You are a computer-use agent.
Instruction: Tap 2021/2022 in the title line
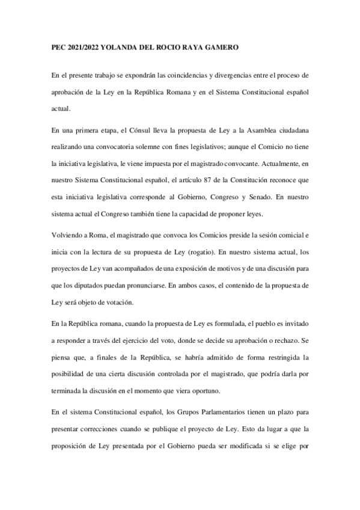click(x=81, y=46)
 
